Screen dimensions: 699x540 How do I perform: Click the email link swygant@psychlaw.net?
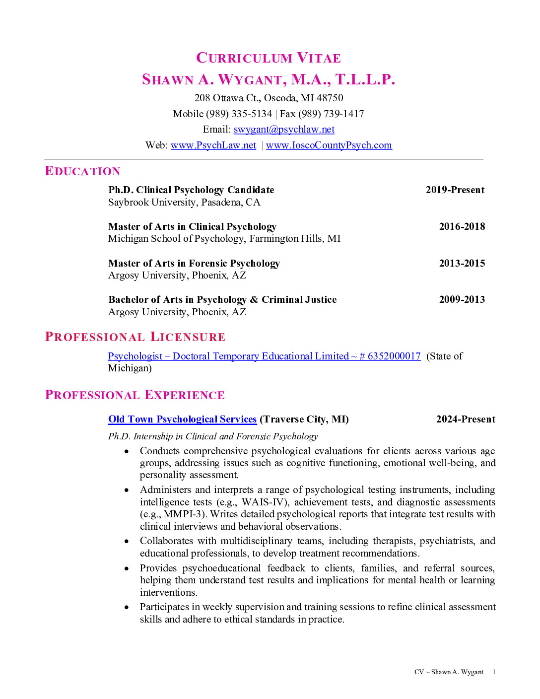pos(284,130)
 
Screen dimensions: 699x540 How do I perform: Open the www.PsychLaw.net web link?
pos(213,145)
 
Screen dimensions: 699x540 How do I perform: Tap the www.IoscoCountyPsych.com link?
pos(329,145)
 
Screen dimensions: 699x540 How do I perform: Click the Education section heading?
pos(82,171)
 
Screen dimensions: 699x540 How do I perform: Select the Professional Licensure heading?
pos(135,337)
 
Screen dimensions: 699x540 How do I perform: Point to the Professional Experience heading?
pos(135,395)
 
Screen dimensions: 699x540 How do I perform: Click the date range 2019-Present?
pos(455,190)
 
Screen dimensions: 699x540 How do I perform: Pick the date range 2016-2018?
pos(462,227)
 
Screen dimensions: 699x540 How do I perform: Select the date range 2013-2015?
pos(462,263)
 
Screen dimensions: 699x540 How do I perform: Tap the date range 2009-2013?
pos(462,300)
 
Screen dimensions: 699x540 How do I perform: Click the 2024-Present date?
pos(465,419)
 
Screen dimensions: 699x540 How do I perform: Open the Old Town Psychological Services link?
pos(182,419)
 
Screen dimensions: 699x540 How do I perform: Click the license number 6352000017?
pos(394,356)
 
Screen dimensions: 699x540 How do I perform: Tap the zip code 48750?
pos(330,98)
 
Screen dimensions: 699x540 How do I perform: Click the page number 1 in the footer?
pos(494,672)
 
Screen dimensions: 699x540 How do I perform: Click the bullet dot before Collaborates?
pos(127,541)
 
